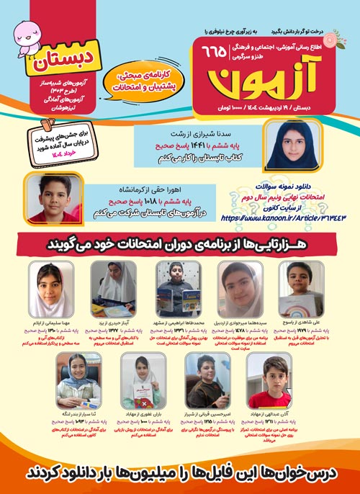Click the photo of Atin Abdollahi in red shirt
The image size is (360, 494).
tap(267, 379)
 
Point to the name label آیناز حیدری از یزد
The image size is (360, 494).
tap(112, 325)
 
